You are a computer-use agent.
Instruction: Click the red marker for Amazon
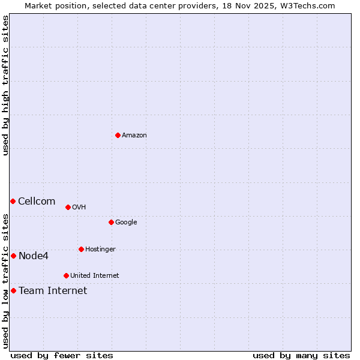pos(118,135)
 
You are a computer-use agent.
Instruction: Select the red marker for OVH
pos(68,207)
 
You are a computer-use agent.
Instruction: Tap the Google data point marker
pos(111,222)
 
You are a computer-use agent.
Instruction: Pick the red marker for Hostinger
pos(81,249)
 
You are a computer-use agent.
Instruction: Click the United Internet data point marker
pos(66,275)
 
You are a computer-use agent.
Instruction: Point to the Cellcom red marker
pos(13,201)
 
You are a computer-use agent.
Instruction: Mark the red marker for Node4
pos(13,256)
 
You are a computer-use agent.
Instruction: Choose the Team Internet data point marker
pos(13,290)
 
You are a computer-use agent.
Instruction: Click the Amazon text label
pos(134,136)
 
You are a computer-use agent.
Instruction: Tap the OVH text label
pos(79,208)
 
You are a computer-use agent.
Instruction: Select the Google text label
pos(126,223)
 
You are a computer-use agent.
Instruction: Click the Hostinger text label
pos(100,250)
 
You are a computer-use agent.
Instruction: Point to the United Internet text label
pos(95,276)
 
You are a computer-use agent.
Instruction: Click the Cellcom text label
pos(37,202)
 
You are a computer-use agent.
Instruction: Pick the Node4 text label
pos(34,256)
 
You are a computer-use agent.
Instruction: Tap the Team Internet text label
pos(53,291)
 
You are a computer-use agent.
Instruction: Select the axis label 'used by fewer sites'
pos(62,355)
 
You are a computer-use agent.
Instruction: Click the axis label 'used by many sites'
pos(301,355)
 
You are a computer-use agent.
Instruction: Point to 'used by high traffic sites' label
pos(5,85)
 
